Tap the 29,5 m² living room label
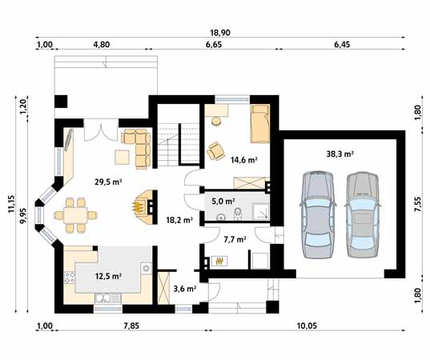pyautogui.click(x=107, y=182)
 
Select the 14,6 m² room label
pyautogui.click(x=243, y=159)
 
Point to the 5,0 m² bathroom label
pyautogui.click(x=223, y=202)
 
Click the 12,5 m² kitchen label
pyautogui.click(x=107, y=276)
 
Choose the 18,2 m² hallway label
pyautogui.click(x=178, y=218)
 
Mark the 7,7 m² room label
pyautogui.click(x=235, y=238)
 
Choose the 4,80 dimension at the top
pyautogui.click(x=101, y=46)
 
